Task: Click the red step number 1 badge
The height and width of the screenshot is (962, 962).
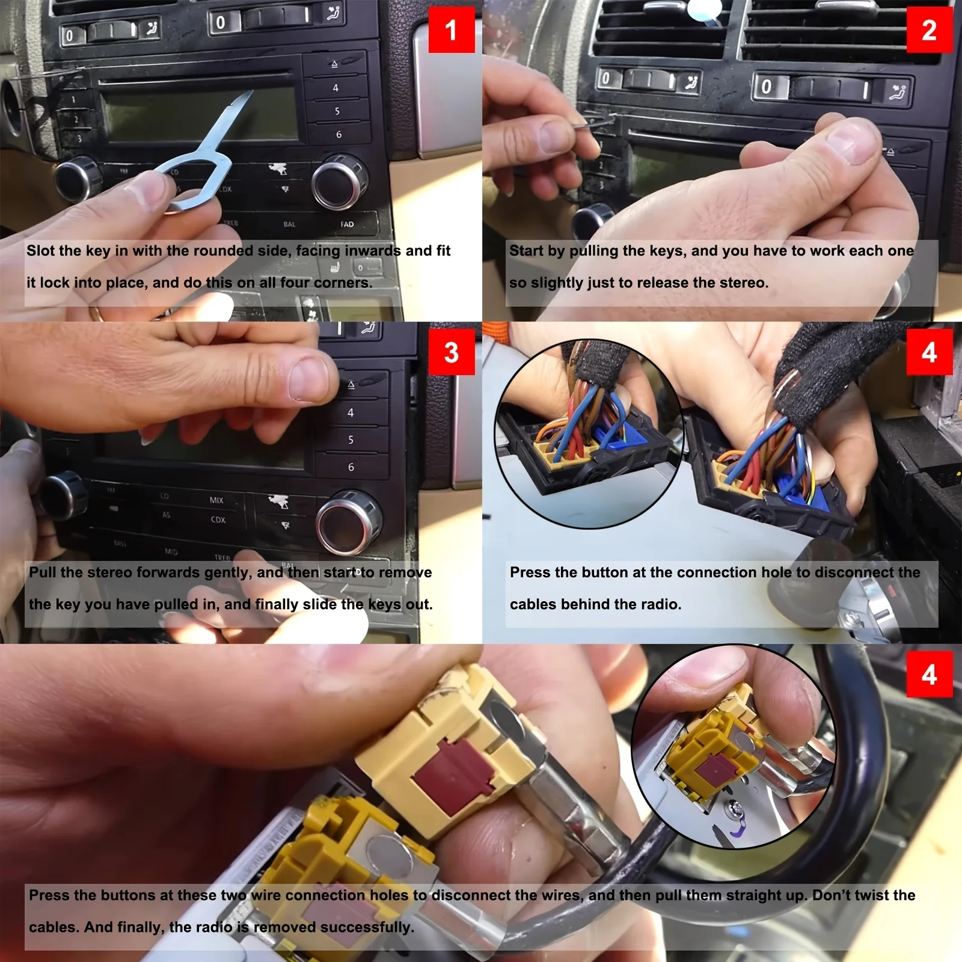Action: pyautogui.click(x=451, y=30)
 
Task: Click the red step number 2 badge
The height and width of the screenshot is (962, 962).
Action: pyautogui.click(x=929, y=30)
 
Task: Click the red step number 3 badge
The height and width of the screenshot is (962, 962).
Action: pyautogui.click(x=451, y=352)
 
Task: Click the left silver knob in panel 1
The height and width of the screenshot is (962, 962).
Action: pyautogui.click(x=77, y=178)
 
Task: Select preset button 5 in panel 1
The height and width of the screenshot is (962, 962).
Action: pyautogui.click(x=337, y=111)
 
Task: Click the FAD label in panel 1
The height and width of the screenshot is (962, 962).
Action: pyautogui.click(x=347, y=224)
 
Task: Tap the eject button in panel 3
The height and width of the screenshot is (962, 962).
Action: pyautogui.click(x=352, y=385)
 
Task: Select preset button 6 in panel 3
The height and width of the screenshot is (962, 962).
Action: pyautogui.click(x=351, y=467)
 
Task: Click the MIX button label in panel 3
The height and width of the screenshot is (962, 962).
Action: pyautogui.click(x=216, y=500)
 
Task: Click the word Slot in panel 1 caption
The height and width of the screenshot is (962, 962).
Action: pyautogui.click(x=41, y=251)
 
